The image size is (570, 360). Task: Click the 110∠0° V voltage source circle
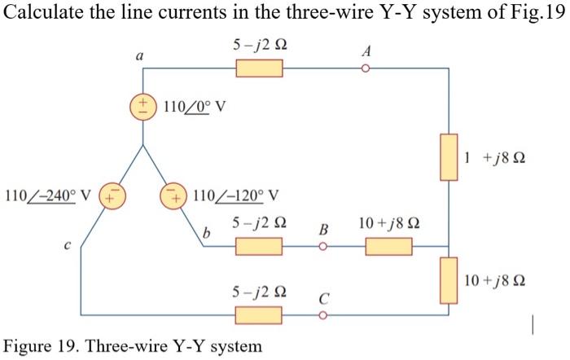(x=143, y=108)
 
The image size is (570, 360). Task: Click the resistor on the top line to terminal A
(x=259, y=68)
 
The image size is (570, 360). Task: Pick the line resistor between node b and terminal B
(x=259, y=245)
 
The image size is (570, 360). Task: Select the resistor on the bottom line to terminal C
(x=259, y=314)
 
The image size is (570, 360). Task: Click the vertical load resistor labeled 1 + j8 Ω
(x=449, y=157)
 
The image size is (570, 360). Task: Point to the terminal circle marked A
(x=366, y=68)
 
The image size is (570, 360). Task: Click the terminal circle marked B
(x=323, y=245)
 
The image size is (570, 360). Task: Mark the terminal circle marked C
(x=323, y=314)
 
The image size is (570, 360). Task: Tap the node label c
(x=91, y=243)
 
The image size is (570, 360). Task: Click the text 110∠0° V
(x=194, y=107)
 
